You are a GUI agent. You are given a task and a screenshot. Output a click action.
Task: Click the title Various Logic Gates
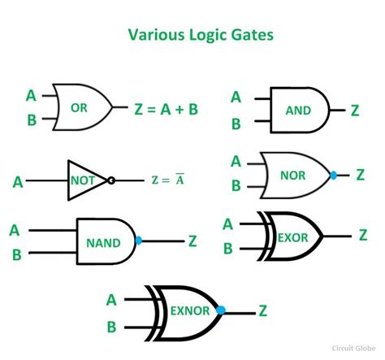(x=192, y=35)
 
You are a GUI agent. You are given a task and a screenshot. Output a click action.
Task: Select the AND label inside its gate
(x=298, y=108)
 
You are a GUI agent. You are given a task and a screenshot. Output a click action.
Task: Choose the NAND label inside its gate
(x=103, y=241)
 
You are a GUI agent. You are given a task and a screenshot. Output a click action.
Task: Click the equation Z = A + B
(x=167, y=108)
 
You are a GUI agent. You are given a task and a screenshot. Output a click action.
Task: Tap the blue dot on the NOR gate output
(x=334, y=174)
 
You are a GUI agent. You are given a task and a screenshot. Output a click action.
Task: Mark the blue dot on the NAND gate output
(x=139, y=241)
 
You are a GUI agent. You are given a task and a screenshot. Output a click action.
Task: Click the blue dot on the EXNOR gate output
(x=220, y=310)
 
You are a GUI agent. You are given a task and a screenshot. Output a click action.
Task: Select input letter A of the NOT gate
(x=18, y=180)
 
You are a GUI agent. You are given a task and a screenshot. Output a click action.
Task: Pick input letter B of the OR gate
(x=30, y=122)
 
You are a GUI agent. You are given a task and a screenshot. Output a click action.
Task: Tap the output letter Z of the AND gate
(x=354, y=110)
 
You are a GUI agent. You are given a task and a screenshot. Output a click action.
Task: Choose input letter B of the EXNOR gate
(x=111, y=327)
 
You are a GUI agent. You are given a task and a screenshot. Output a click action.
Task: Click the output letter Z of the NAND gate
(x=192, y=241)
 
